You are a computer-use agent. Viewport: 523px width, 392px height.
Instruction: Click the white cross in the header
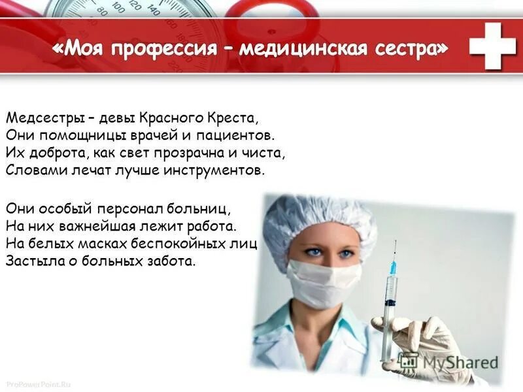pyautogui.click(x=492, y=45)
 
